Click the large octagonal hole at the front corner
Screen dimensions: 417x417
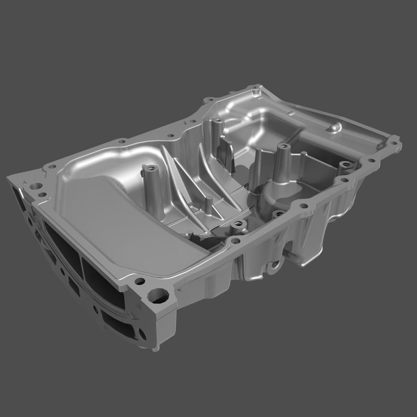click(x=158, y=296)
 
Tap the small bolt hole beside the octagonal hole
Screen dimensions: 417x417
click(x=140, y=281)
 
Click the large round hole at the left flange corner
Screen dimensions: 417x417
click(x=36, y=186)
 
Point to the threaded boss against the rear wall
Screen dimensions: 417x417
click(x=217, y=125)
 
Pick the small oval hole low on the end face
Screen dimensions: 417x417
click(x=142, y=334)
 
